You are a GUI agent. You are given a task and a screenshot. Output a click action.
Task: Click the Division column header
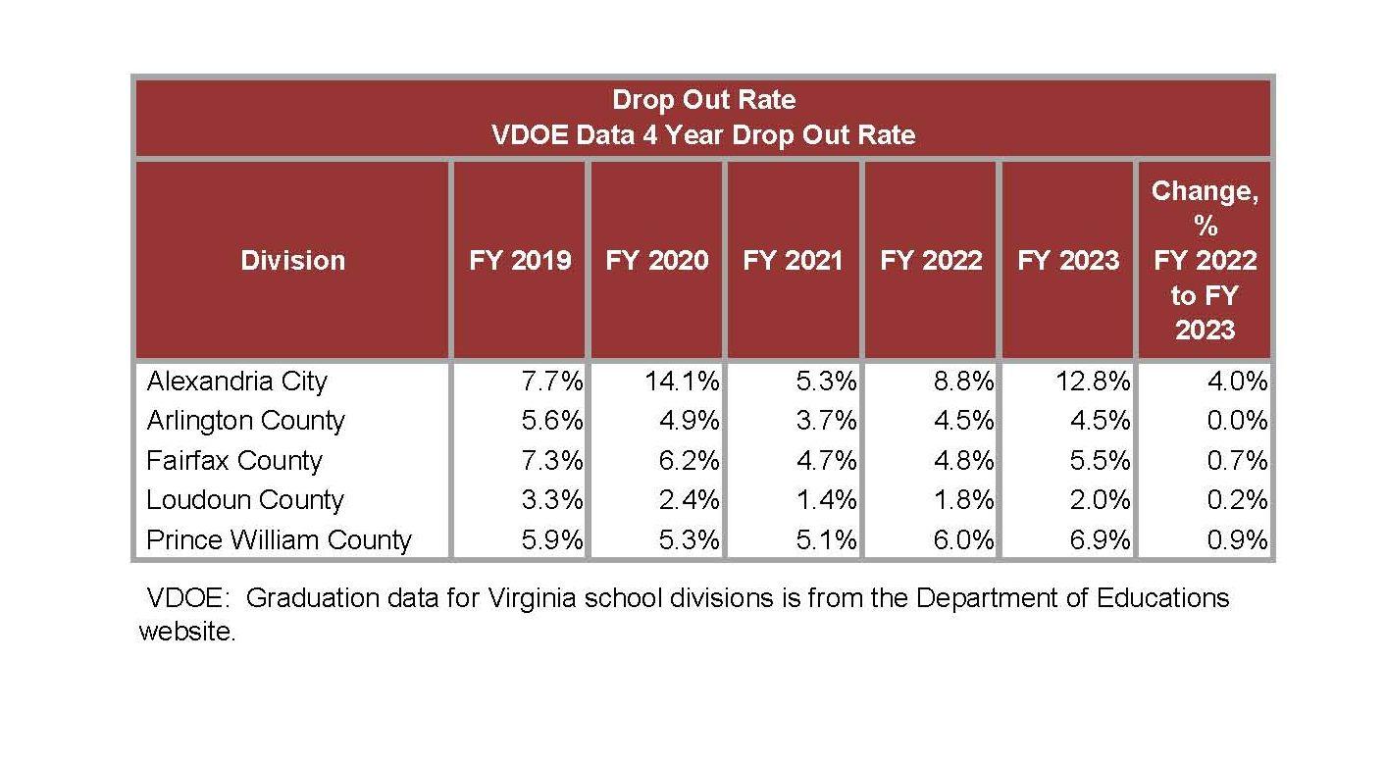point(292,260)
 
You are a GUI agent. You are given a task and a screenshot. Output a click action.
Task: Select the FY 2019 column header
point(520,260)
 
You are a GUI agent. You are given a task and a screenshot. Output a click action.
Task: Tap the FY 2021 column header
point(794,260)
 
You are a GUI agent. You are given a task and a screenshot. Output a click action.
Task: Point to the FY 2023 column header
point(1068,260)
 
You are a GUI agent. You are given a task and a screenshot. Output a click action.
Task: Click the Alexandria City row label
point(236,381)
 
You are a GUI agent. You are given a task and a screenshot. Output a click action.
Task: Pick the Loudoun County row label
point(245,500)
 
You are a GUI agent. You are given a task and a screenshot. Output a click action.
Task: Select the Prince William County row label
point(279,539)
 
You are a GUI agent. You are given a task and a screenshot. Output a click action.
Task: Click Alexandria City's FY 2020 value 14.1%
point(682,381)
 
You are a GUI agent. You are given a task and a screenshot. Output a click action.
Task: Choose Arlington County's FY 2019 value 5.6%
point(551,421)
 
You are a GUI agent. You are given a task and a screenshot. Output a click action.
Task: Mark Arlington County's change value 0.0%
point(1237,421)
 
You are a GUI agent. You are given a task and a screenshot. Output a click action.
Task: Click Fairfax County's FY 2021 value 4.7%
point(825,460)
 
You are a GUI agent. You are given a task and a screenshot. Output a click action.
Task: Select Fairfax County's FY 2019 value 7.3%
point(551,460)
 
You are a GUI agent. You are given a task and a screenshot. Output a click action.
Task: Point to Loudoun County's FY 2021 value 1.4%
point(825,500)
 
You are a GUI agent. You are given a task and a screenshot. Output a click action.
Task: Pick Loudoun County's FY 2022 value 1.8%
point(962,500)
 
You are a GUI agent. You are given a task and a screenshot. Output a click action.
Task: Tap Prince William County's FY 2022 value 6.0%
point(962,539)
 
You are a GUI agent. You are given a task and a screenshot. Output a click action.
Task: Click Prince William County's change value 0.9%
point(1237,539)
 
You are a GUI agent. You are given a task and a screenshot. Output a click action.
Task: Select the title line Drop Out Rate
point(703,100)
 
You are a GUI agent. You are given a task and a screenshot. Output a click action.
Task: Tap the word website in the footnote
point(186,631)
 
